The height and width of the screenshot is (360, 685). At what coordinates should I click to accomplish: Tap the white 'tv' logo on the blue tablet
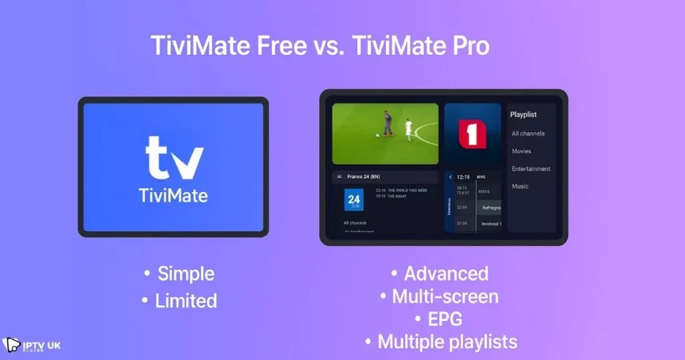click(174, 158)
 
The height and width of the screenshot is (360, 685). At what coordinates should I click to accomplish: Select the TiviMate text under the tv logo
click(173, 196)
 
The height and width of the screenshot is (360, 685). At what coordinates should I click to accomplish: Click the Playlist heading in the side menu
click(523, 114)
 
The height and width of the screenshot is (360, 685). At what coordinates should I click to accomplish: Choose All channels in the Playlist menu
click(528, 134)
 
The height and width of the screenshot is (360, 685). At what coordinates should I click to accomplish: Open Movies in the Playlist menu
click(521, 151)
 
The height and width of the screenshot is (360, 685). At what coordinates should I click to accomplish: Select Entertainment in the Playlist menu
click(531, 169)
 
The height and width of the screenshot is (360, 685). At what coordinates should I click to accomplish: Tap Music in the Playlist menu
click(520, 187)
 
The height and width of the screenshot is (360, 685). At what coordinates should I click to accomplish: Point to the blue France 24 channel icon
click(354, 200)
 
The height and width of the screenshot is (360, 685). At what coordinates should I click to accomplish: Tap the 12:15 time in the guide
click(463, 177)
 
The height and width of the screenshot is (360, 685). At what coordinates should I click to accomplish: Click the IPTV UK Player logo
click(31, 345)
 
